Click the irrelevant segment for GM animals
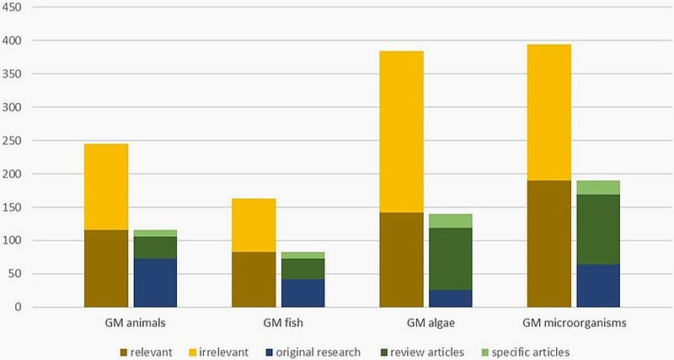pos(106,186)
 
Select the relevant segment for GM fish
pos(254,279)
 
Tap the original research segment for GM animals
pos(155,282)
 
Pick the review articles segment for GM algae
pos(451,259)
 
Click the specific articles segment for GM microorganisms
pos(598,187)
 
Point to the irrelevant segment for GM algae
pos(402,132)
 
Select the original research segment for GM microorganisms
pos(598,286)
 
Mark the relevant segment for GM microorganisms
pos(549,244)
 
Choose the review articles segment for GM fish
pos(303,269)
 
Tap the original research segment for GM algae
pos(451,298)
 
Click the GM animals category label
pos(135,323)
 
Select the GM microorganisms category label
pos(575,323)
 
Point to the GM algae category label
pos(431,323)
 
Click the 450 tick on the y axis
pos(12,8)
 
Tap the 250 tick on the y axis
pos(12,141)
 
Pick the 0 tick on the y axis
pos(17,307)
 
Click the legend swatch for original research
pos(269,352)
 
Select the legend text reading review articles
pos(427,352)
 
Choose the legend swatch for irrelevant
pos(192,352)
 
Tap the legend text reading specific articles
pos(531,352)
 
